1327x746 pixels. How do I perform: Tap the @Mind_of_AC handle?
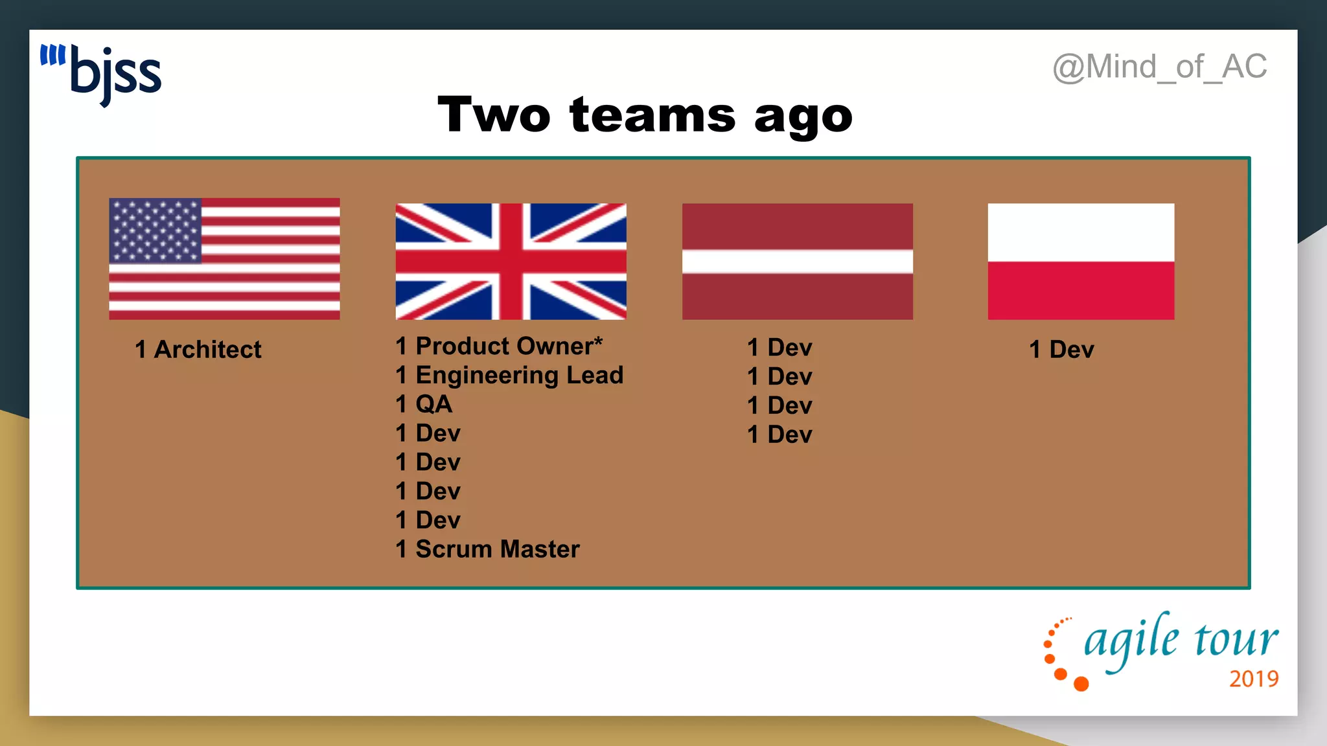coord(1159,67)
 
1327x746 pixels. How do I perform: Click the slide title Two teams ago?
coord(645,115)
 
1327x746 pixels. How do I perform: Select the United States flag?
coord(224,258)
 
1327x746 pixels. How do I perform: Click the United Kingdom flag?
coord(511,261)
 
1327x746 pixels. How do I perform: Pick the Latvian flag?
coord(797,261)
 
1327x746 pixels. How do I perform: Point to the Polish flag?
coord(1080,261)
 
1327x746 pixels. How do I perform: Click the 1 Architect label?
coord(198,350)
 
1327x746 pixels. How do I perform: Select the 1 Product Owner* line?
coord(499,346)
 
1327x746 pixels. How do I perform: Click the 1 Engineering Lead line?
coord(509,376)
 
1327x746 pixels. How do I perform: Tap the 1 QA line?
coord(424,405)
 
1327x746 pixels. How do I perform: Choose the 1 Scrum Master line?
coord(487,550)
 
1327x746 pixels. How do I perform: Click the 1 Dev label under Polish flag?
coord(1061,350)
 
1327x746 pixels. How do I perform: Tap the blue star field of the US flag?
coord(156,231)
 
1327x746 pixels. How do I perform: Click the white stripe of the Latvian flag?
coord(797,262)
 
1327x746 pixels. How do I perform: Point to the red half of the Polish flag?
coord(1080,291)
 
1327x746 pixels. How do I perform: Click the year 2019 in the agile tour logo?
coord(1254,679)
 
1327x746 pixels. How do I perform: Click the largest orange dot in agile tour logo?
coord(1081,684)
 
